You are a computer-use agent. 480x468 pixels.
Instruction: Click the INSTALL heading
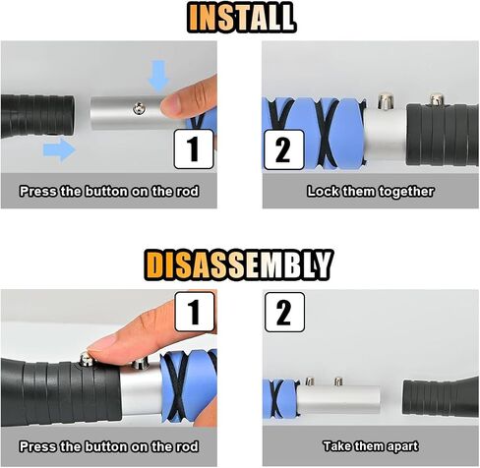tap(242, 18)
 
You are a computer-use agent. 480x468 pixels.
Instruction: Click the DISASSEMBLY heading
tap(239, 264)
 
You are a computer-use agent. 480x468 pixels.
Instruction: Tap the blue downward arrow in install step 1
tap(158, 76)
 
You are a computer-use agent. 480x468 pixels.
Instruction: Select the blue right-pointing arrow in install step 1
tap(59, 149)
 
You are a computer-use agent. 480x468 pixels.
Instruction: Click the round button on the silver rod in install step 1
tap(140, 108)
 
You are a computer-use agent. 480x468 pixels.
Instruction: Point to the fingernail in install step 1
tap(170, 104)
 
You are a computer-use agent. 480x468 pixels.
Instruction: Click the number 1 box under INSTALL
tap(194, 149)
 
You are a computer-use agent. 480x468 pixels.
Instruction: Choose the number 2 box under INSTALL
tap(284, 149)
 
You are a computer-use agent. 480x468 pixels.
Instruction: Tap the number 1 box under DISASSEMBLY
tap(195, 312)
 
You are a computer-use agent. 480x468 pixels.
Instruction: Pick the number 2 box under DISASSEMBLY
tap(284, 313)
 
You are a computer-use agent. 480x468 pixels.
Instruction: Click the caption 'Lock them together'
tap(371, 192)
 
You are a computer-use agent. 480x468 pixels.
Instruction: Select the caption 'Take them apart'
tap(371, 446)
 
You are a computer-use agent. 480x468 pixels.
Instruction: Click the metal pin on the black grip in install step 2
tap(437, 99)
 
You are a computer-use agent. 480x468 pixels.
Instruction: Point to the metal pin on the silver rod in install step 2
tap(386, 101)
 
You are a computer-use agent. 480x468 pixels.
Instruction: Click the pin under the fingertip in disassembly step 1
tap(87, 359)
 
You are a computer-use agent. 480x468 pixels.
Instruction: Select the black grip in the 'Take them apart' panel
tap(441, 396)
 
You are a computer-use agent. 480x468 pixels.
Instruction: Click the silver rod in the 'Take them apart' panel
tap(338, 398)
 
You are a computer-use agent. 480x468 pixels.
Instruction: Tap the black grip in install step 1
tap(37, 116)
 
